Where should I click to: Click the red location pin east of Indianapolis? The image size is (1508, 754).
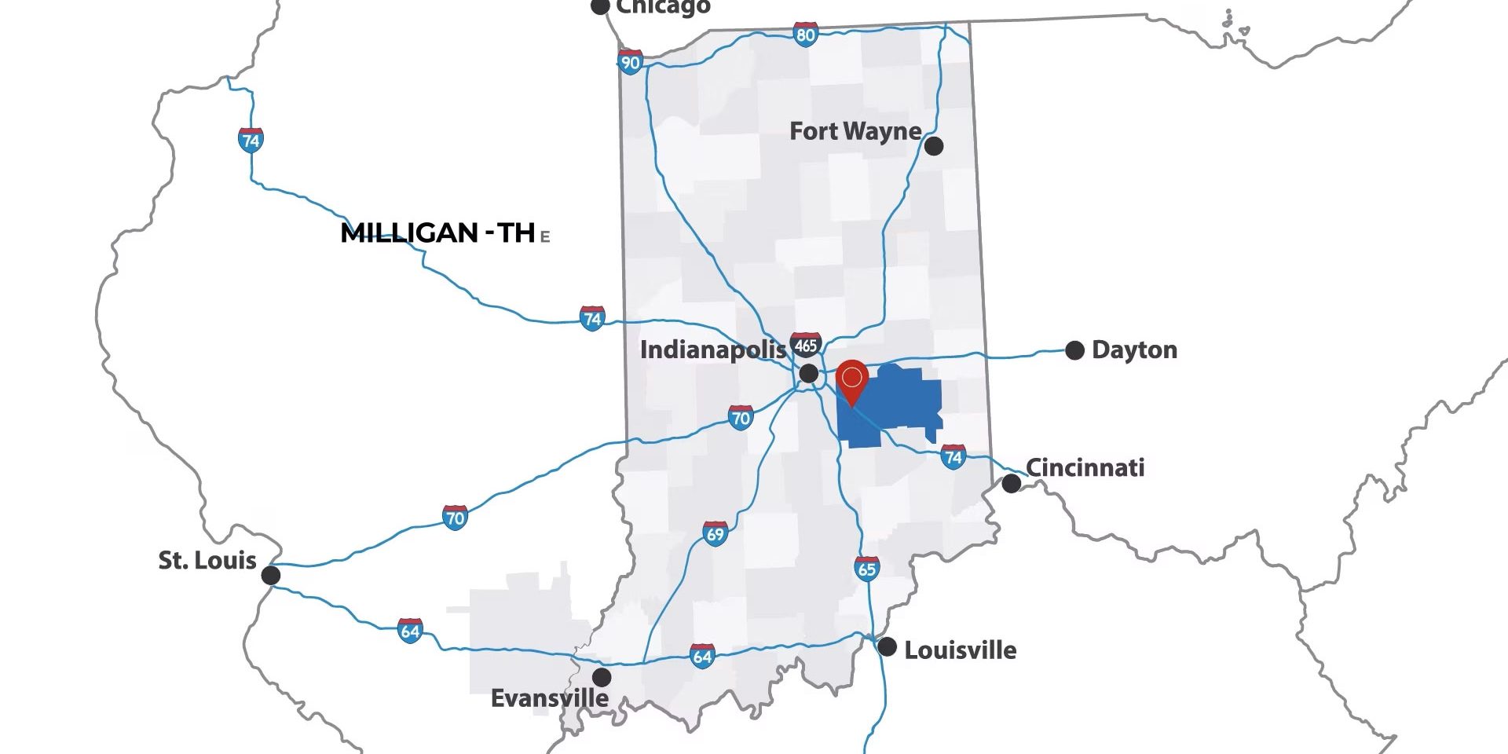pos(851,380)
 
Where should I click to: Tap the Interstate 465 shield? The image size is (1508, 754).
pos(806,345)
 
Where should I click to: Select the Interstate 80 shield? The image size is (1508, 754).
pos(805,35)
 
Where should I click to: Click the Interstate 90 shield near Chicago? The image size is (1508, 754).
pos(630,62)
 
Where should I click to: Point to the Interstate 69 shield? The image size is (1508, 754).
pos(715,534)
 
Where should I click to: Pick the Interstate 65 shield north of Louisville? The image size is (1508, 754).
pos(866,568)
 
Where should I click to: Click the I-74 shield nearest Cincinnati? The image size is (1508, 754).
pos(953,456)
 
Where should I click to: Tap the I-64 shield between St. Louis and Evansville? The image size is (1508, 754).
pos(410,631)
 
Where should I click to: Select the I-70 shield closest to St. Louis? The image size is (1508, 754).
pos(455,518)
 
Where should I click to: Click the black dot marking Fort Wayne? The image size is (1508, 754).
pos(933,145)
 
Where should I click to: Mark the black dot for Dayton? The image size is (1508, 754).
pos(1074,350)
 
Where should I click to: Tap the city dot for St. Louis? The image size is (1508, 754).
pos(270,575)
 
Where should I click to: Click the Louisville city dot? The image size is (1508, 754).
pos(887,647)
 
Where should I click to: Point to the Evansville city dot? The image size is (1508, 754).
pos(602,676)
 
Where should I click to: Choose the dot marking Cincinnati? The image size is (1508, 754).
pos(1012,484)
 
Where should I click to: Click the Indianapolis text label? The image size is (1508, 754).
pos(712,350)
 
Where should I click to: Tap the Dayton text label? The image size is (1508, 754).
pos(1134,350)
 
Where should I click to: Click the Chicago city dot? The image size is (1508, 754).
pos(600,6)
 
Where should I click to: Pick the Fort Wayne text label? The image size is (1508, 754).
pos(855,131)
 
